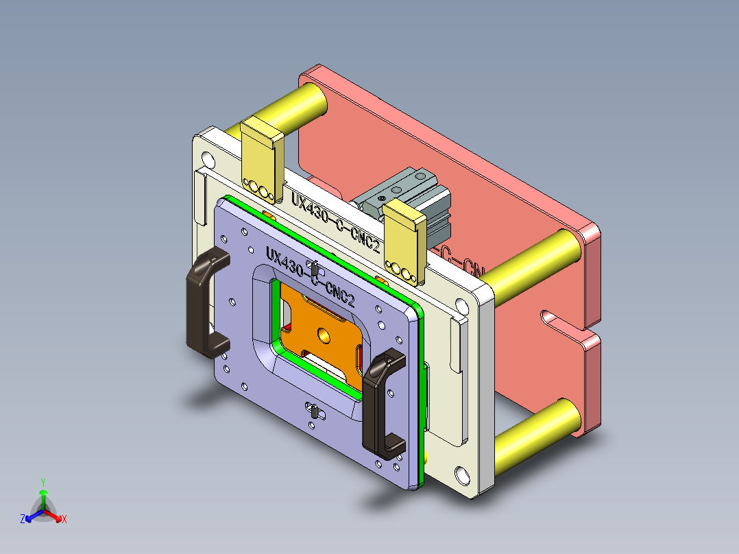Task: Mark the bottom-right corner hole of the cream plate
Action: pos(460,474)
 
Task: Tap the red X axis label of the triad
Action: pos(64,520)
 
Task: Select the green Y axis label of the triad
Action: pos(43,482)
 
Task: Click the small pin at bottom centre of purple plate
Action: pos(313,411)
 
